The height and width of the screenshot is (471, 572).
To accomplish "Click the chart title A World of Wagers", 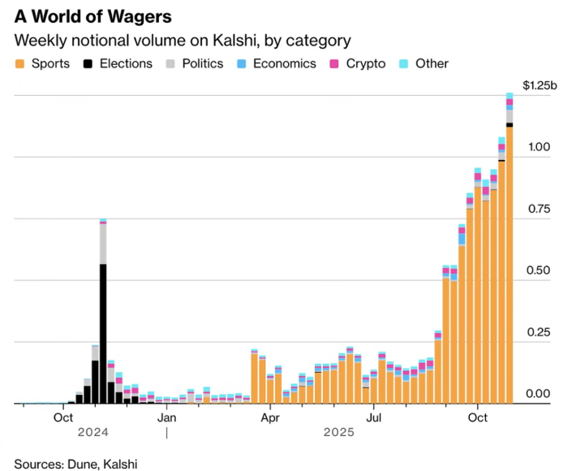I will coord(98,15).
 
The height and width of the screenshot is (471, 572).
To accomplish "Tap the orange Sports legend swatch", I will coord(19,63).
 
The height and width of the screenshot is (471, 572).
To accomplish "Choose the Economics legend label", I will coord(283,63).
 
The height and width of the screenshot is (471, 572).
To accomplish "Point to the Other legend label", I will coord(432,63).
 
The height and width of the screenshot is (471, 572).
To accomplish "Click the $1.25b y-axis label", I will coord(540,85).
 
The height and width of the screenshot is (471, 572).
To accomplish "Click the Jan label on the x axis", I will coord(166,417).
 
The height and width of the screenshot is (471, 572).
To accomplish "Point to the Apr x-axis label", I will coord(269,417).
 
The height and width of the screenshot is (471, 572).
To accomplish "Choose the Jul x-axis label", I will coord(374,417).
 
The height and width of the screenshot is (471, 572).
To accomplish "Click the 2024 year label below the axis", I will coord(93,433).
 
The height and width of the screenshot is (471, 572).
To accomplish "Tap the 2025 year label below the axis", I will coord(338,433).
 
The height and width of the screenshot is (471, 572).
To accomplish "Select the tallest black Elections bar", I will coord(103,333).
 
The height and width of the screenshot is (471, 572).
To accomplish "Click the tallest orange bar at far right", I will coord(510,268).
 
